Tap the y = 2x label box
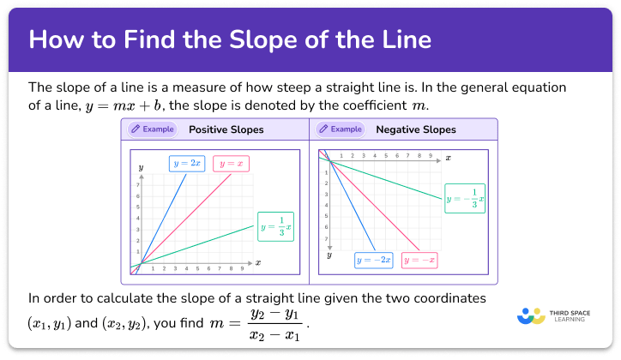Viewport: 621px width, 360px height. point(187,163)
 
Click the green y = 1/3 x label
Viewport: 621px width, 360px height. point(275,226)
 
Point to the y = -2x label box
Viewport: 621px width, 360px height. point(374,259)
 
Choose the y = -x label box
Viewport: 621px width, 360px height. point(419,259)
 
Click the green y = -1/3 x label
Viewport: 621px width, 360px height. point(464,199)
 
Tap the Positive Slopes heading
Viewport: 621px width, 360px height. point(226,130)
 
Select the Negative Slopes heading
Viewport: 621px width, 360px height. point(416,130)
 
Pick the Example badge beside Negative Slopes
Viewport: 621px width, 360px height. point(341,130)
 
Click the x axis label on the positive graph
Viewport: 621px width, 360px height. point(257,261)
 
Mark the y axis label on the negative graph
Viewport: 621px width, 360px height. point(329,255)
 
